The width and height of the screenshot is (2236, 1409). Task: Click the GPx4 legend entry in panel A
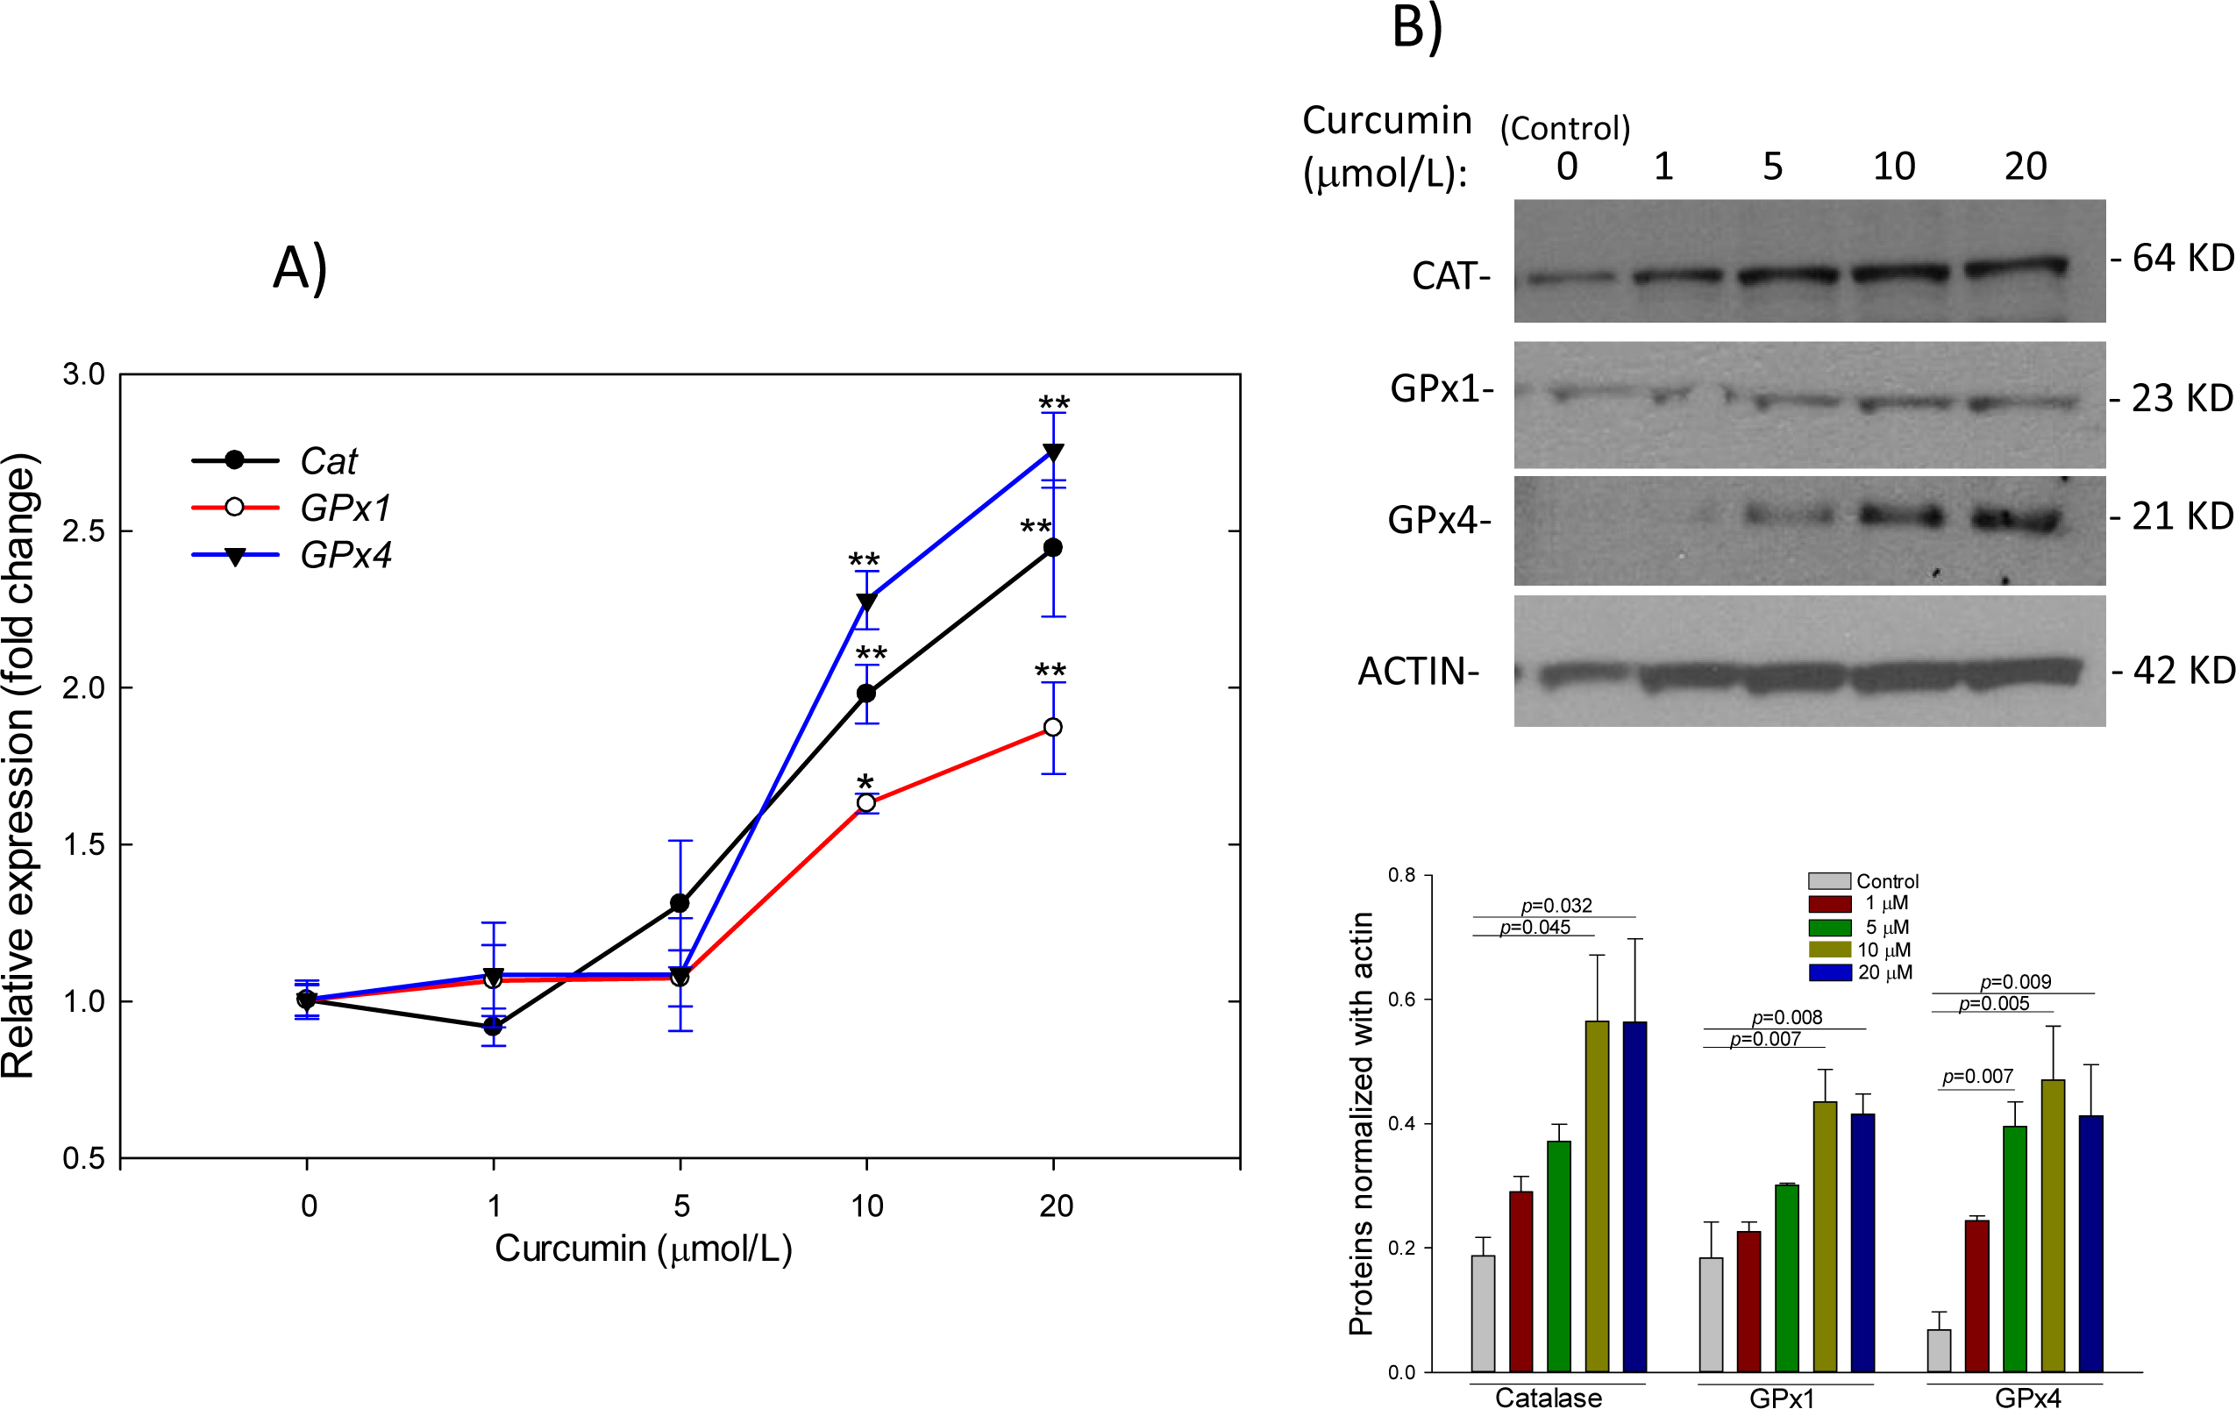345,555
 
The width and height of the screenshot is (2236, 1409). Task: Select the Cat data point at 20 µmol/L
1053,548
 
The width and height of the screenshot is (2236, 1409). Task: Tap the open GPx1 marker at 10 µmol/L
865,803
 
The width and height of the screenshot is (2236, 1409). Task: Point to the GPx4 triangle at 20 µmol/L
1053,453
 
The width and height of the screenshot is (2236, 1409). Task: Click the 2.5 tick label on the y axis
82,532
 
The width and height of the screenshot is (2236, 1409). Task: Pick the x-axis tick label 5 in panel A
680,1206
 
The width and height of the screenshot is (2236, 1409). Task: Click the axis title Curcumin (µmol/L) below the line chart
643,1249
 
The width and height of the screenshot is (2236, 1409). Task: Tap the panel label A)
299,269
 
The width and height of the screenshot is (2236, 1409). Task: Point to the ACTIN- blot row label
1418,671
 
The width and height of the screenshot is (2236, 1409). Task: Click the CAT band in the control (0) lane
1570,276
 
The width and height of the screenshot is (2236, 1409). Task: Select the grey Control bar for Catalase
1483,1313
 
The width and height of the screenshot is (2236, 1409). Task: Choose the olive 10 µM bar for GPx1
1825,1235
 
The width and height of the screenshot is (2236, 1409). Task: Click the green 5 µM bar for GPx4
2014,1248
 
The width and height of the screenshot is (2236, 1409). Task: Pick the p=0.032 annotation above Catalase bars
1556,905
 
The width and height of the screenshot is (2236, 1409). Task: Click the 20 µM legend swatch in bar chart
1829,972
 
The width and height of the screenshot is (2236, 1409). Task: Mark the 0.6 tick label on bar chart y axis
1401,1000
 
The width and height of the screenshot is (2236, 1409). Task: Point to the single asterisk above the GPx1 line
865,781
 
